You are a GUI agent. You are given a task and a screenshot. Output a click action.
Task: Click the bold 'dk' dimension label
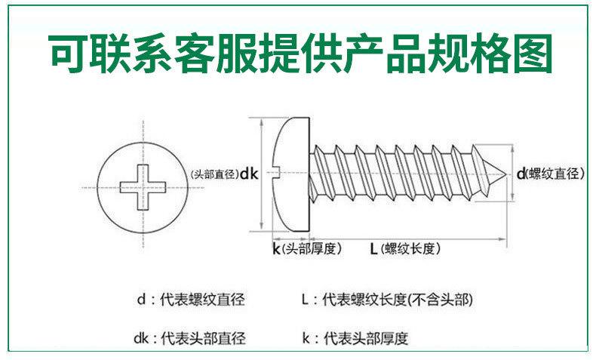tap(249, 174)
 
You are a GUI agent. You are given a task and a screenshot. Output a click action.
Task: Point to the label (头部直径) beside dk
tap(214, 174)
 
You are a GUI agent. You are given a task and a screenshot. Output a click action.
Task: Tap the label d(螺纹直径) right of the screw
tap(551, 174)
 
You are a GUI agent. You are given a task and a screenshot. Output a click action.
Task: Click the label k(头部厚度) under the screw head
tap(306, 248)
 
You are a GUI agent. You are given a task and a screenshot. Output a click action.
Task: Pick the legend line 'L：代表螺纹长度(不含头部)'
tap(387, 300)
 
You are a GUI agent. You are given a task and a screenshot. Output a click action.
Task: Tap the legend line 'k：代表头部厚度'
tap(355, 337)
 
